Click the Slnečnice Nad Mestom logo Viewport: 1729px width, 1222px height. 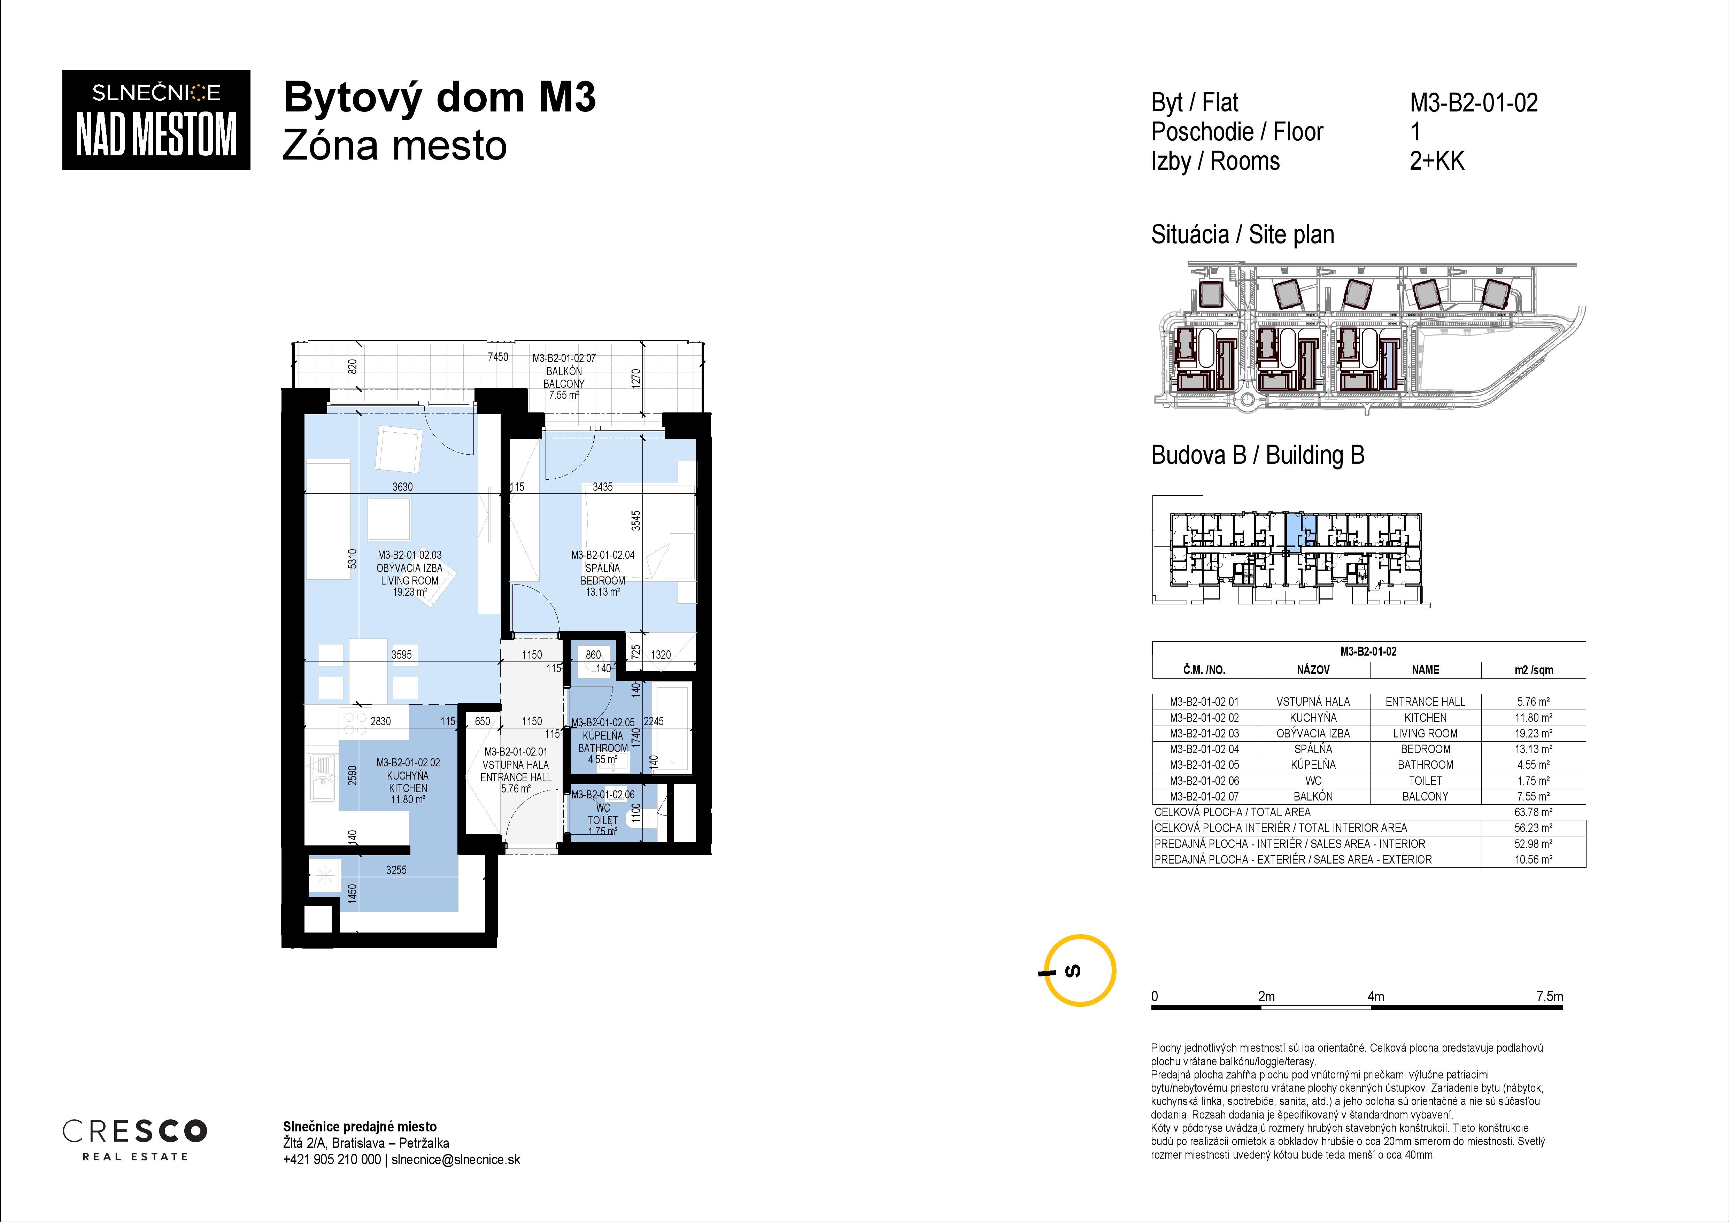[x=156, y=120]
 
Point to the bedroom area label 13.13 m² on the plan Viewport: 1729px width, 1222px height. [x=602, y=592]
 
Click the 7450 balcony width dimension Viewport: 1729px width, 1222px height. [x=498, y=357]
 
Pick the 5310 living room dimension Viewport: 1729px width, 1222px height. [x=352, y=558]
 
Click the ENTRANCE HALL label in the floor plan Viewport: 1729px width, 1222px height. [x=516, y=777]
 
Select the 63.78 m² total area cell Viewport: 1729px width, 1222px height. [x=1533, y=812]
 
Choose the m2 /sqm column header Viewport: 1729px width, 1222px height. [x=1533, y=670]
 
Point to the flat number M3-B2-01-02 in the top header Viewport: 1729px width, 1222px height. [x=1474, y=102]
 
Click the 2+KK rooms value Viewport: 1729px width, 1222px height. [x=1437, y=161]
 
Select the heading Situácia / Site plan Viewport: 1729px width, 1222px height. [x=1243, y=235]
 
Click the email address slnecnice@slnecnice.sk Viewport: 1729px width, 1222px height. [x=456, y=1160]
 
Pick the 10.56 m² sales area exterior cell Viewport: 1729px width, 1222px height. [x=1533, y=859]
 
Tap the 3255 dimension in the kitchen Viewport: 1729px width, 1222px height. [x=396, y=869]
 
